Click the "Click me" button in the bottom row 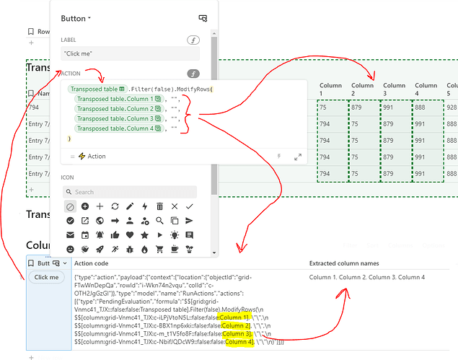coord(47,277)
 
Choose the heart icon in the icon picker coord(130,234)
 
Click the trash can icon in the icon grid coord(159,206)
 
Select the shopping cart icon coord(190,249)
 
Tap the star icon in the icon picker coord(145,234)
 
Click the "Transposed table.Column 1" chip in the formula coord(116,99)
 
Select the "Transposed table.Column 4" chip coord(116,128)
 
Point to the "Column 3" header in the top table coord(395,89)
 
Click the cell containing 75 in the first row coord(330,107)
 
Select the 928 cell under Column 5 coord(452,107)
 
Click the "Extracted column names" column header coord(344,263)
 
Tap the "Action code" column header coord(92,263)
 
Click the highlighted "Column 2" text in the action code coord(237,325)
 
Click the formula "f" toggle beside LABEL coord(193,40)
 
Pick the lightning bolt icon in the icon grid coord(145,206)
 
